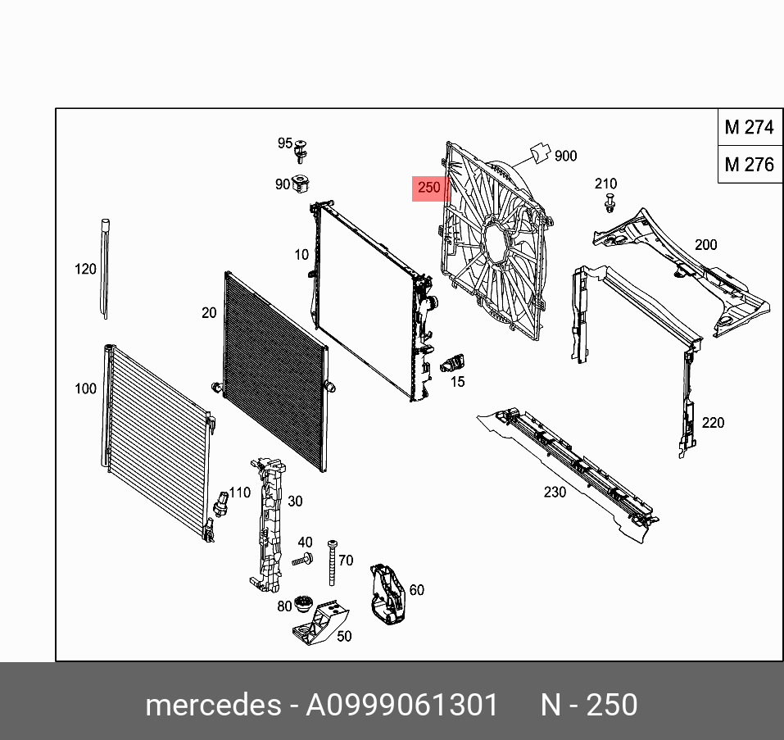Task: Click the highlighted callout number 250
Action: point(429,188)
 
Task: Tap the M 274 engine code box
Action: point(749,127)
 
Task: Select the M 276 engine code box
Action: point(749,165)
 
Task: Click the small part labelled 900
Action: point(540,152)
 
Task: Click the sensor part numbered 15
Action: point(453,363)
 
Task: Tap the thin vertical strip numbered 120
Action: point(105,268)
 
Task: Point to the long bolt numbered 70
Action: point(333,561)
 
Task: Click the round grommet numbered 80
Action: point(306,605)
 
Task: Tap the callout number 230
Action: point(555,493)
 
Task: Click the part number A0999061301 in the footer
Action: point(401,706)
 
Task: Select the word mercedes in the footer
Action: point(212,706)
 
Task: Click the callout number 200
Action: point(705,244)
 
